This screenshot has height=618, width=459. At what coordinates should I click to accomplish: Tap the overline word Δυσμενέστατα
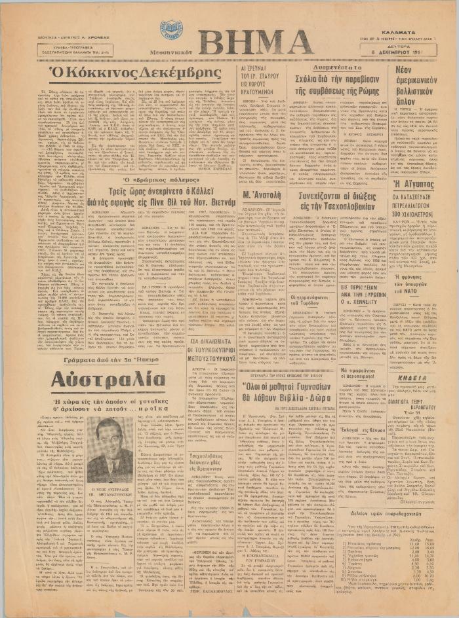[337, 66]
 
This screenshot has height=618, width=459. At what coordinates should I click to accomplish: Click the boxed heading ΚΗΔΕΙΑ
[411, 378]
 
